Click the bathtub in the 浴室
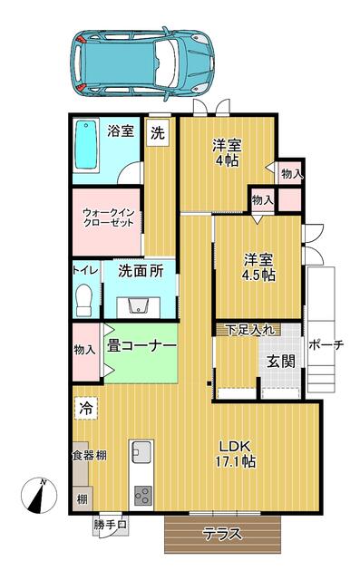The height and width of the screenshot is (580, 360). (x=86, y=146)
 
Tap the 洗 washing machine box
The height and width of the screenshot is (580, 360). (x=157, y=132)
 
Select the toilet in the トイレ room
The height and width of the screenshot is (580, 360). (x=83, y=300)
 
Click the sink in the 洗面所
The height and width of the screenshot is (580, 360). (x=139, y=305)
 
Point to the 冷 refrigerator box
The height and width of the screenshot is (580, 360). (x=86, y=409)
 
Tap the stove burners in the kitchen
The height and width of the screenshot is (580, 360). (x=142, y=496)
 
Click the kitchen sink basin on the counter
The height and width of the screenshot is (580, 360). (x=141, y=451)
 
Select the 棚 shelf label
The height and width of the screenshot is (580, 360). (x=83, y=499)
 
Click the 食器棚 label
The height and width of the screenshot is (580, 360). (x=90, y=455)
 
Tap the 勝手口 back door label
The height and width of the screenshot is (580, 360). (x=110, y=525)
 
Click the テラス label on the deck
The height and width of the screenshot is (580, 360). (x=223, y=534)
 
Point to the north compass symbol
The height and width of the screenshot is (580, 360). (x=39, y=496)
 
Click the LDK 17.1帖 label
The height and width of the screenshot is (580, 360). (x=236, y=454)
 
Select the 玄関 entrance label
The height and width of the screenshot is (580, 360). (x=281, y=361)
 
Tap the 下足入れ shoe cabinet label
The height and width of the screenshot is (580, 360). (x=250, y=330)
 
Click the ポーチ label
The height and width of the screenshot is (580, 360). (x=326, y=344)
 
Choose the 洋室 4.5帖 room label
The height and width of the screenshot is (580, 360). (x=258, y=267)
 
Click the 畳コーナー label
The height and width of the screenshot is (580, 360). (x=141, y=346)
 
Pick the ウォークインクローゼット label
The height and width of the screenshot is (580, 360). (x=108, y=217)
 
